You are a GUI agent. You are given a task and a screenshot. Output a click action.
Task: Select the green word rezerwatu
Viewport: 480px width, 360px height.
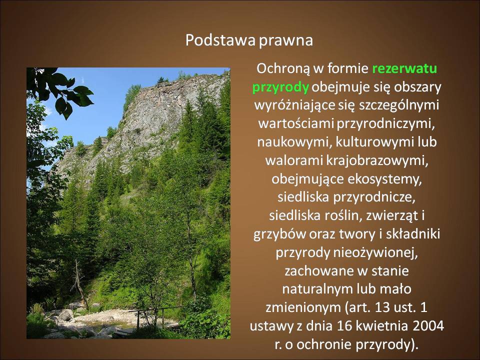pyautogui.click(x=404, y=68)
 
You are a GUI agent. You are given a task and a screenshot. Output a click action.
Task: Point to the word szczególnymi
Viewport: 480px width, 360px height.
pyautogui.click(x=399, y=105)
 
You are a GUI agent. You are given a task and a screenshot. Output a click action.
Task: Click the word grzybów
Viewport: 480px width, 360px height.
pyautogui.click(x=280, y=234)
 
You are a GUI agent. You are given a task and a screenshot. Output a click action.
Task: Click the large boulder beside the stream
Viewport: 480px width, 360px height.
pyautogui.click(x=65, y=315)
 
